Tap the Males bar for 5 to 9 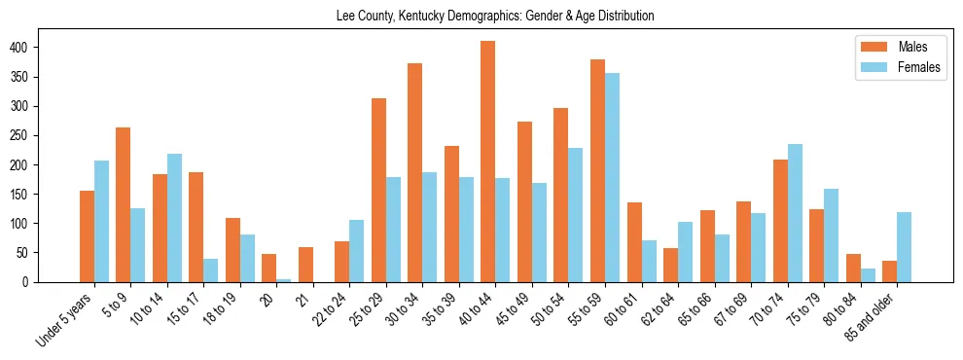pyautogui.click(x=124, y=204)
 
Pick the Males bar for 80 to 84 pyautogui.click(x=853, y=268)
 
